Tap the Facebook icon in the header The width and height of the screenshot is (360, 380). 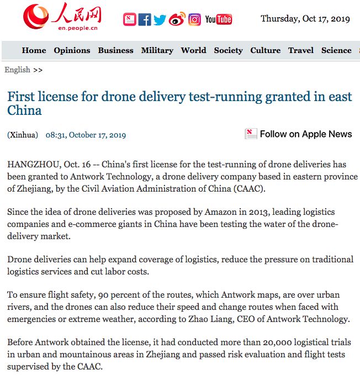[x=145, y=20]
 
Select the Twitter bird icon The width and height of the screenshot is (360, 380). [x=160, y=20]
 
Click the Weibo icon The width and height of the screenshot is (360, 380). [x=177, y=20]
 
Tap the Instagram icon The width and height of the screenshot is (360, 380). [x=194, y=20]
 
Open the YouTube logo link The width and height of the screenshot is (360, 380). [x=218, y=20]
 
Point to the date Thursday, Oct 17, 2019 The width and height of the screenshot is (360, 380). [x=305, y=19]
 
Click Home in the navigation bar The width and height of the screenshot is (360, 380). [x=34, y=50]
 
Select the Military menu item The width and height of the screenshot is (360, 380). [x=157, y=50]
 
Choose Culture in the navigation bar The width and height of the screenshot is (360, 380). [x=265, y=50]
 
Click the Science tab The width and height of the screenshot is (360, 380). [x=336, y=50]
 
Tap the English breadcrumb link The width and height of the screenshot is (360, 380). [x=17, y=70]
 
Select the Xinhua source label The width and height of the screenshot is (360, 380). [x=23, y=135]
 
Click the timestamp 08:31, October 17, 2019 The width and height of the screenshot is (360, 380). [x=86, y=135]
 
